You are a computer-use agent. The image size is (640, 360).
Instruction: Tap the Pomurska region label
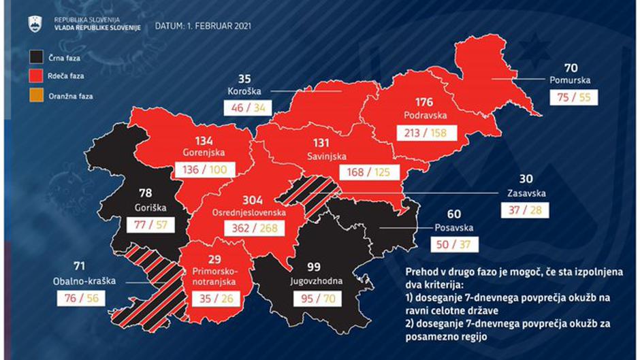[x=571, y=80]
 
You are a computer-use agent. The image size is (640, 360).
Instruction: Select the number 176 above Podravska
[x=423, y=103]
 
